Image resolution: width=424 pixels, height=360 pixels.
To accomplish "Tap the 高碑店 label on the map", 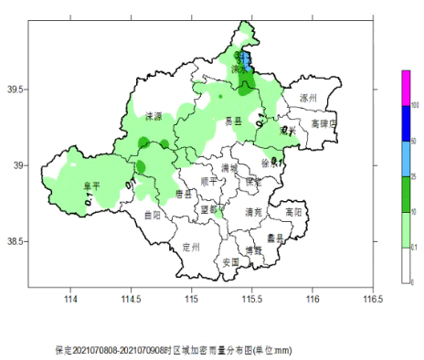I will click(x=323, y=122).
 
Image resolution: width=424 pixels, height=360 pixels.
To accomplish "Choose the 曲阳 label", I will click(x=153, y=215).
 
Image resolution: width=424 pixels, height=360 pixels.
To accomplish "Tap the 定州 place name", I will click(x=190, y=247).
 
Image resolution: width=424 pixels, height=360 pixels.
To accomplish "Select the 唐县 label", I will click(x=183, y=194).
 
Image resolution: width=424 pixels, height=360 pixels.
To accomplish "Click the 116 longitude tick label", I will click(x=313, y=298).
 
